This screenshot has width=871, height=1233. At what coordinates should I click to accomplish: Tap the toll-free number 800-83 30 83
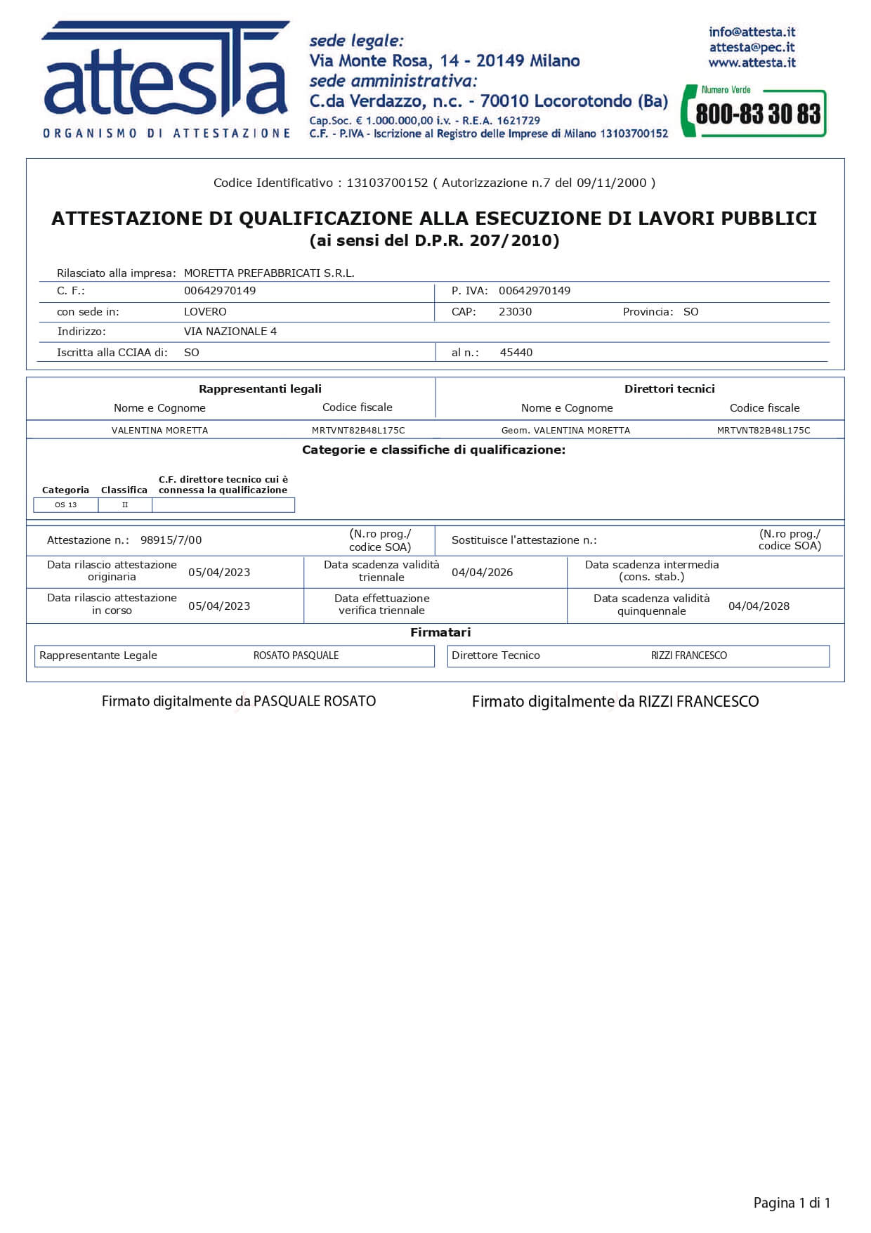pos(757,114)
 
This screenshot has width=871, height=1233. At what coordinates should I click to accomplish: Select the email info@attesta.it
pos(752,32)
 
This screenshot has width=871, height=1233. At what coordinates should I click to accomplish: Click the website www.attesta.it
pos(752,63)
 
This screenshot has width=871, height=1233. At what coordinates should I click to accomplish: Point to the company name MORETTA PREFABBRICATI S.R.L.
pos(269,273)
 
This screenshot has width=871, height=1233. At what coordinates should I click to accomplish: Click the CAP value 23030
pos(515,312)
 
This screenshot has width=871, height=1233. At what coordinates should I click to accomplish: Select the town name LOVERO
pos(205,312)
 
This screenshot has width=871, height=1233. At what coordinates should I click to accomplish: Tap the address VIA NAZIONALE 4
pos(230,332)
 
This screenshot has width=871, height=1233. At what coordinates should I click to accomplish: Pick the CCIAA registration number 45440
pos(516,353)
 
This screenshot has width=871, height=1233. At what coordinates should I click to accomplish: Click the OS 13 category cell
pos(66,505)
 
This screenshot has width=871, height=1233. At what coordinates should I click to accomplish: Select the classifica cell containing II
pos(125,505)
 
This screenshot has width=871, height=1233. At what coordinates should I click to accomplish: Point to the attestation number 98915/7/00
pos(171,540)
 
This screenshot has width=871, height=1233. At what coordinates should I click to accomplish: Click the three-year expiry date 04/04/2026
pos(482,573)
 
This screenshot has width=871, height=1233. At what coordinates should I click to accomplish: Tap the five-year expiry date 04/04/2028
pos(759,606)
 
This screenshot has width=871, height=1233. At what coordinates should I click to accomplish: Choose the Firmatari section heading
pos(440,633)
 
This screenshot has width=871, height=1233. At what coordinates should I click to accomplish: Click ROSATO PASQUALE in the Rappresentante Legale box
pos(296,655)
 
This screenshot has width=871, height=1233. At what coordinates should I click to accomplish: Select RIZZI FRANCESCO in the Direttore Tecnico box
pos(688,655)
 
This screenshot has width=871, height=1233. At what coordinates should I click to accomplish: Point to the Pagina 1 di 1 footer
pos(792,1203)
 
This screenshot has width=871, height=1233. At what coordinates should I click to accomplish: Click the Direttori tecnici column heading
pos(669,389)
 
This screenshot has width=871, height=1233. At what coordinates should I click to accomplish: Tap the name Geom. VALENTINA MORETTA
pos(565,431)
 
